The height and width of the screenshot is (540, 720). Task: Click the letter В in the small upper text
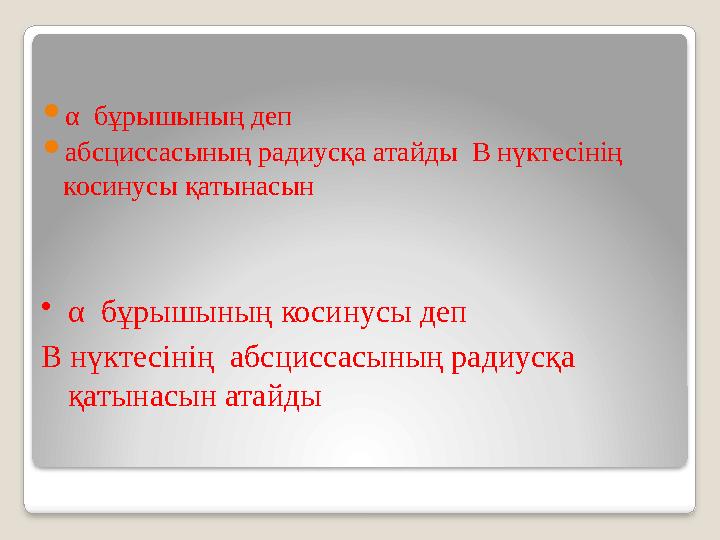click(480, 154)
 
